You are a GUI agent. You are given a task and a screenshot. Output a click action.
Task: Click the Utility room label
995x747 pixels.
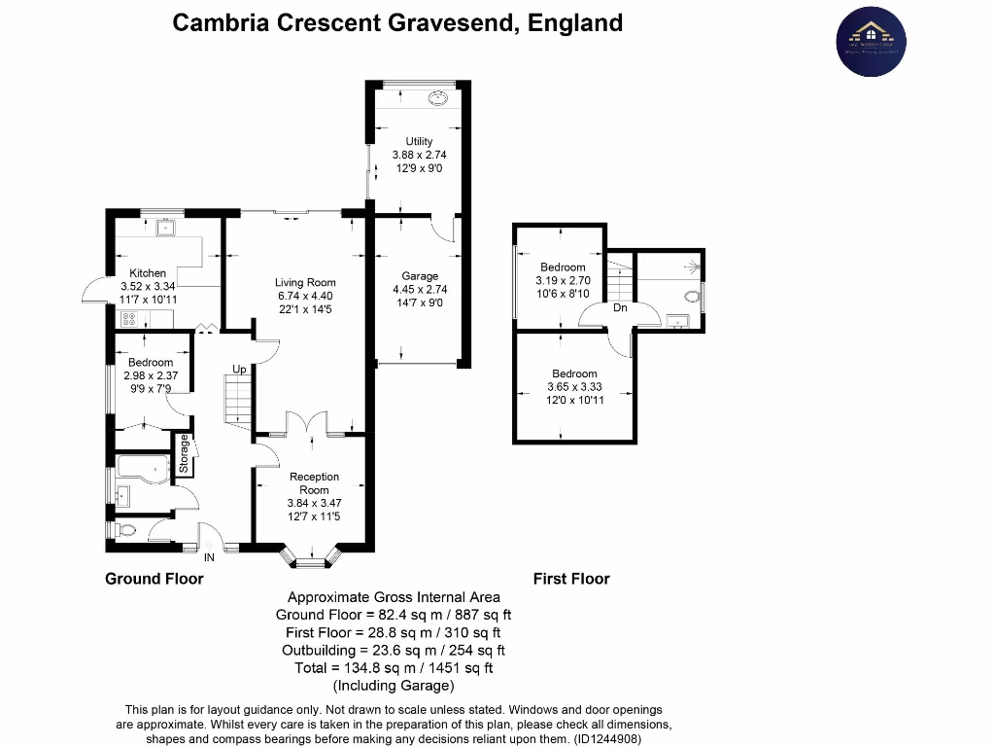click(419, 142)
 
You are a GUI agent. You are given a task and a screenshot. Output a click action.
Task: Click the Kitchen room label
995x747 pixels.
click(148, 273)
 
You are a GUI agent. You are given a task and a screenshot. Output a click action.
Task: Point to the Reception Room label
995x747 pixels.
click(314, 483)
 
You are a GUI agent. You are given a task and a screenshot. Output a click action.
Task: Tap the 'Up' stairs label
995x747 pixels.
click(238, 370)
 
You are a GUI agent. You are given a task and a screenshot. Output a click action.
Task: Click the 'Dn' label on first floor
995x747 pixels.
click(620, 308)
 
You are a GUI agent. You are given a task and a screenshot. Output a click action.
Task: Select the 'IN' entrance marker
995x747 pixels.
click(209, 557)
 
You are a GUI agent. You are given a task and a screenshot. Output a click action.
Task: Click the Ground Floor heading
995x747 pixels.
click(154, 579)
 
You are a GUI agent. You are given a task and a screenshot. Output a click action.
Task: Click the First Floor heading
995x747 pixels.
click(571, 579)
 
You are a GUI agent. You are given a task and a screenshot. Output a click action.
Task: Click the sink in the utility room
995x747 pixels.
click(438, 97)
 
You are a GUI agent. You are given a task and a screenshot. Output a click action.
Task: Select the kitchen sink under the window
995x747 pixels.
click(165, 229)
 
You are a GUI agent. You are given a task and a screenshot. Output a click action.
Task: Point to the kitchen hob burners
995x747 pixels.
click(127, 318)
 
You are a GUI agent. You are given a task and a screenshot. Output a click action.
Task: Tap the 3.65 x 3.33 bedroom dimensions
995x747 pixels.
click(574, 387)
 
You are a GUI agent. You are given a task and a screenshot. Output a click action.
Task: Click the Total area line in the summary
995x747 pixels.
click(394, 667)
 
